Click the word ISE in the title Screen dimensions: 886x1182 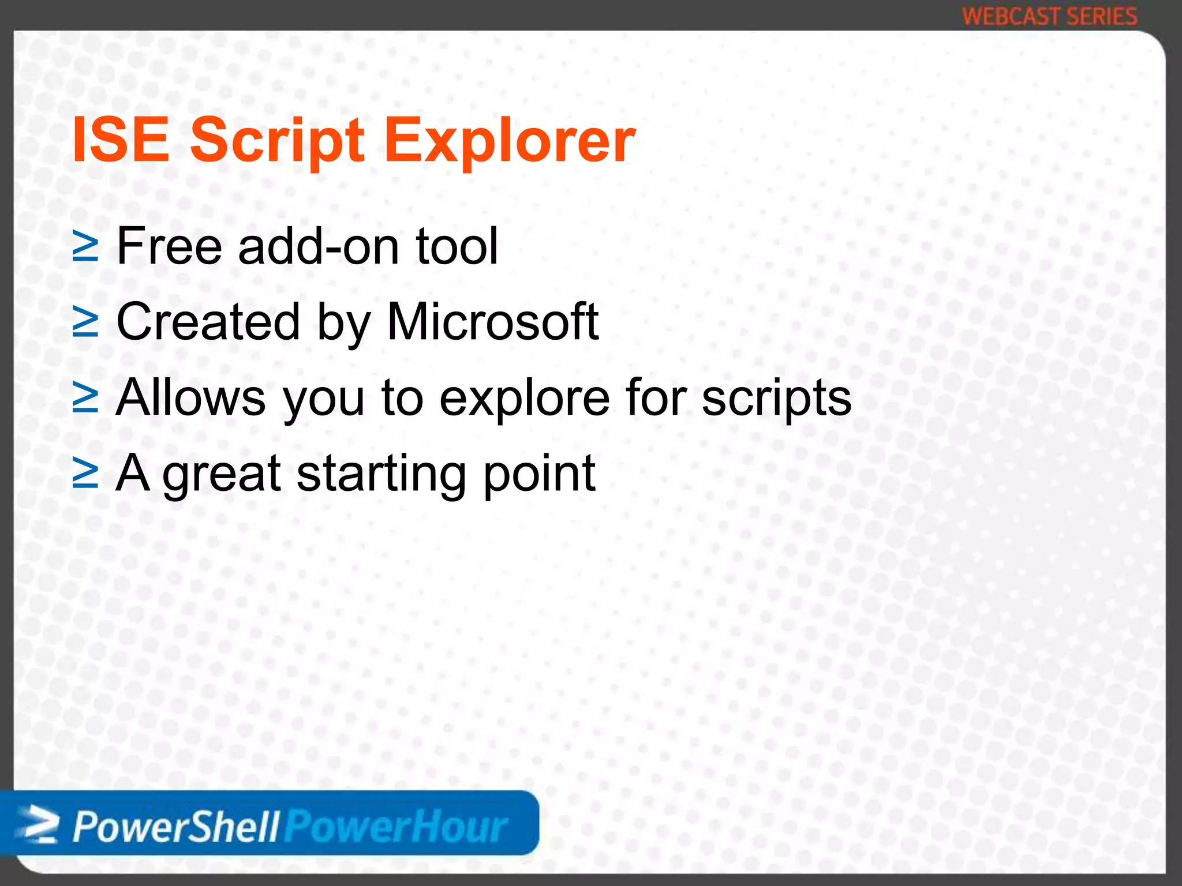pos(120,140)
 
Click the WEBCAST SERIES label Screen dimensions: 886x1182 pos(1049,16)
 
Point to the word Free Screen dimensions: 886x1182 pos(170,246)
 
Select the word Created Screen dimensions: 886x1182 pos(208,321)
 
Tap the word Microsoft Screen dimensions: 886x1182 pos(492,321)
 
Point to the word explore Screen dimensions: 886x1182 pos(524,398)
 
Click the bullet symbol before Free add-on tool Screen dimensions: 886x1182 pos(85,247)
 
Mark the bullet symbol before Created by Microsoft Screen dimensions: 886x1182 pos(85,322)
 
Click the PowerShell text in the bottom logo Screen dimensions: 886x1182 pos(176,827)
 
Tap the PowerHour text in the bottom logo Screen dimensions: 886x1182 pos(397,827)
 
